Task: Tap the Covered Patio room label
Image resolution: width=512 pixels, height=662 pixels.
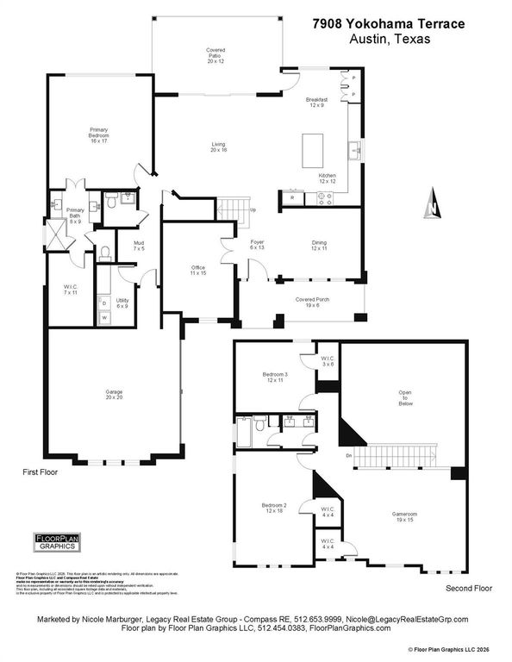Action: [x=215, y=55]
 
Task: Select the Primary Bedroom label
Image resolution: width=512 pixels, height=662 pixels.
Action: [x=99, y=135]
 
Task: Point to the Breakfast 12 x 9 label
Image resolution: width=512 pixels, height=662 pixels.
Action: [x=317, y=103]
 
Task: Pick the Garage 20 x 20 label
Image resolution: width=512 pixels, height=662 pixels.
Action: [x=115, y=395]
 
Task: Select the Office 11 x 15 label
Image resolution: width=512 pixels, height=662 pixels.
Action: [x=198, y=270]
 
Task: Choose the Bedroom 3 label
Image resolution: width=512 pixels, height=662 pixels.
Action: [x=275, y=377]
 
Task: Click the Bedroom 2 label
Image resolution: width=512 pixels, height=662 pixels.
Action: [x=275, y=508]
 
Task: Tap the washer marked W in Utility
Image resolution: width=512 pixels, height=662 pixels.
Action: [x=105, y=317]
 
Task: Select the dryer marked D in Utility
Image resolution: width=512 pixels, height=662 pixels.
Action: [x=105, y=303]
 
